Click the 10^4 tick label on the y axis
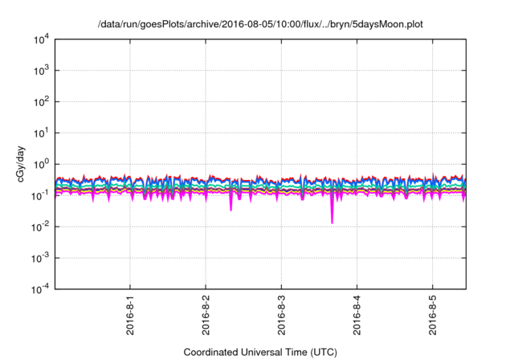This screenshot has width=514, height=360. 39,39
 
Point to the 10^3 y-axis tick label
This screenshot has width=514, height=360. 39,70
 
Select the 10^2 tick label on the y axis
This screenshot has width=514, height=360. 39,101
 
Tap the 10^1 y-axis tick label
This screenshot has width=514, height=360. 39,133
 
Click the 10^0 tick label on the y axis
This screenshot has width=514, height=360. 39,164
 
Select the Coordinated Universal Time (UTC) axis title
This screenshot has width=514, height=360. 259,352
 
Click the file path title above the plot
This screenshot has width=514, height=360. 259,25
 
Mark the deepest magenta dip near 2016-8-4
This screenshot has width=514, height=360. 332,222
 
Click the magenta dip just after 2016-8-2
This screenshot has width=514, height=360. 231,209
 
